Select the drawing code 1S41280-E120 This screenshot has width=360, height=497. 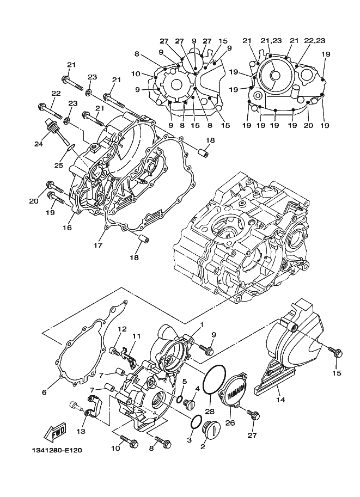57,450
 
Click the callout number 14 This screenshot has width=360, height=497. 280,400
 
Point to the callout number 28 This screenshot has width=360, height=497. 210,412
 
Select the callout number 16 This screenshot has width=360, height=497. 67,227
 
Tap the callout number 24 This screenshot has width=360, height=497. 39,144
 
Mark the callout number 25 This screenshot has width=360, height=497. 58,165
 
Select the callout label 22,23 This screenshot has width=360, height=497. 315,41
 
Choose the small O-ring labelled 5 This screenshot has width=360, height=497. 180,398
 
